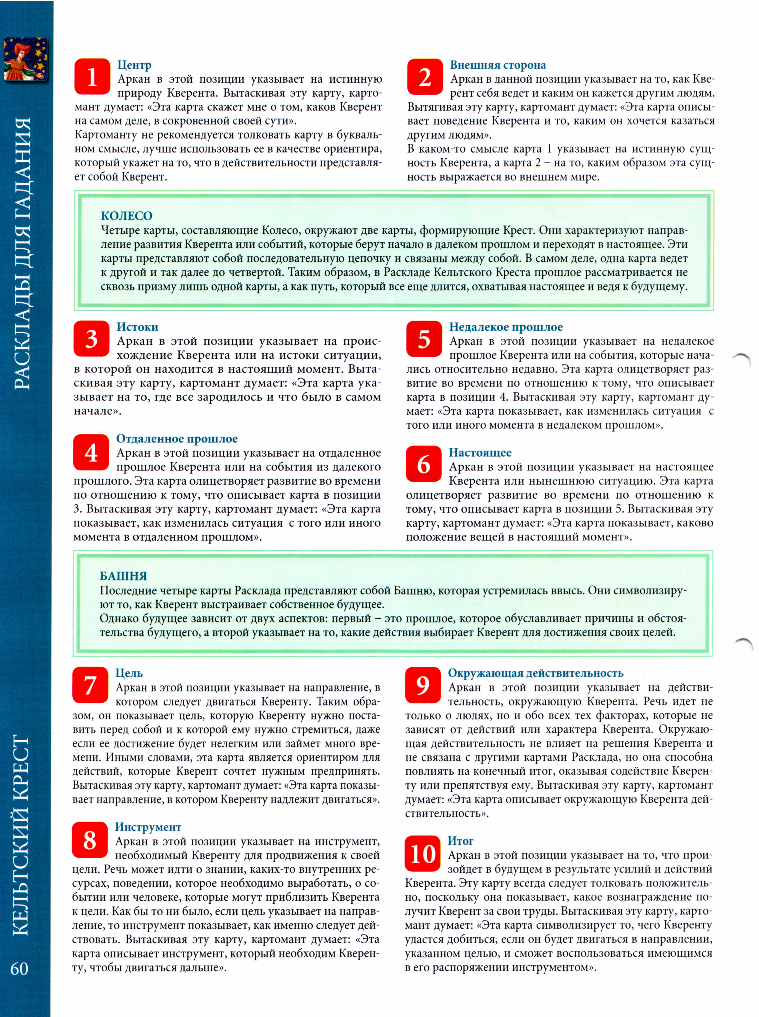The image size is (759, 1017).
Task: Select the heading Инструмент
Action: point(148,827)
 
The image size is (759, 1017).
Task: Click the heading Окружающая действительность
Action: point(535,673)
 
